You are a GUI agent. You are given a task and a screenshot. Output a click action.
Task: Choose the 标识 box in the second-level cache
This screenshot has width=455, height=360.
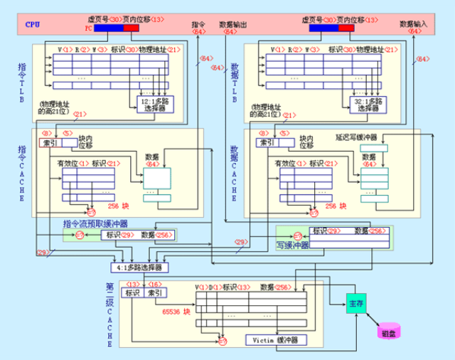(132, 293)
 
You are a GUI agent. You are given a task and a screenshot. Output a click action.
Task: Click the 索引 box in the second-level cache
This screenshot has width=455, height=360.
(155, 293)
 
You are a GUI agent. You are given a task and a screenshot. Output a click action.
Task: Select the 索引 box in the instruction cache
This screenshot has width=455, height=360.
(50, 142)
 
